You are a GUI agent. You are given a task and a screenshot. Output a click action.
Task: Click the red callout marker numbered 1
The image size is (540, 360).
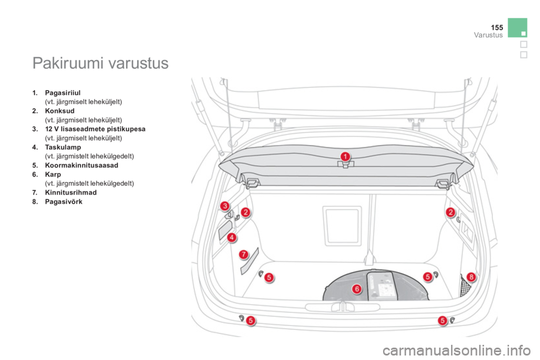click(345, 157)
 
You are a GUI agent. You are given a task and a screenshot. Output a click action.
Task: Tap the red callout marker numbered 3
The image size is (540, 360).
click(224, 206)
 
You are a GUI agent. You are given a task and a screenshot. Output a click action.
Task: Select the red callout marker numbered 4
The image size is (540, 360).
click(232, 237)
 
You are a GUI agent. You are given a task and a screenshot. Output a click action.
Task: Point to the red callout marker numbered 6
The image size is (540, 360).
click(357, 289)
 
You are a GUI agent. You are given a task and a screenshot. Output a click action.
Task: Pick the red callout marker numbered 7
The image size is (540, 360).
click(244, 255)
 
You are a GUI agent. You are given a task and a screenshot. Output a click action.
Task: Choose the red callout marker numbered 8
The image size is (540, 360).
click(471, 277)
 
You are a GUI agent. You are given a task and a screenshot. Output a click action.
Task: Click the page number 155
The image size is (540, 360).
click(497, 27)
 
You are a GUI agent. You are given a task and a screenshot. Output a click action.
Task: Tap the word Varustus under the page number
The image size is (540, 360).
click(488, 35)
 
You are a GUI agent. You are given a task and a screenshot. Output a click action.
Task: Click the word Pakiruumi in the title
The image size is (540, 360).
click(68, 63)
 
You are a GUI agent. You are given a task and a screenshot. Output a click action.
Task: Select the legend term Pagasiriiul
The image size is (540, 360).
click(62, 93)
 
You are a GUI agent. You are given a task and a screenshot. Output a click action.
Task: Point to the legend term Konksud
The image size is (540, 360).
click(60, 111)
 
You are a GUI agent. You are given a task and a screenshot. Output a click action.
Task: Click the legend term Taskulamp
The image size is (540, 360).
click(63, 147)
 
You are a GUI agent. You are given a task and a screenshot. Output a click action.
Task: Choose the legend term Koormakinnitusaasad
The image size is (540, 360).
click(82, 165)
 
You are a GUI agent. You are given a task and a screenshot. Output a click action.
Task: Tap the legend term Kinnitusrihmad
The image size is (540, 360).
click(71, 192)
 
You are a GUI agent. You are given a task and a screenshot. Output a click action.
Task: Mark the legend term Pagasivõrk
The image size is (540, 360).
click(64, 201)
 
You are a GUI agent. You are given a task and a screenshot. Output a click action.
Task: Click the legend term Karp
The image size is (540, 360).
click(53, 174)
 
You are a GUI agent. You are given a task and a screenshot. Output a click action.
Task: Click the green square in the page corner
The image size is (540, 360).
click(517, 28)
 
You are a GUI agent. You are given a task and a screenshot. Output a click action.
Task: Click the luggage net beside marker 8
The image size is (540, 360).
click(465, 286)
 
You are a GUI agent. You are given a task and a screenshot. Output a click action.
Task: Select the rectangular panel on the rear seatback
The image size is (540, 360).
click(343, 226)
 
